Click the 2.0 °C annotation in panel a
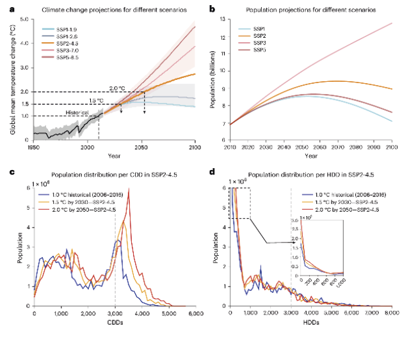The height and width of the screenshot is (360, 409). pyautogui.click(x=118, y=88)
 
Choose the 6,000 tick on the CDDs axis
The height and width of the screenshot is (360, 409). pyautogui.click(x=196, y=313)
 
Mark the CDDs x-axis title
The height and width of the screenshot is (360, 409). pyautogui.click(x=115, y=321)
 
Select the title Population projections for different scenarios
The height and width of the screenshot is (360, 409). pyautogui.click(x=309, y=11)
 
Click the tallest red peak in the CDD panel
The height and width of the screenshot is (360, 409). pyautogui.click(x=129, y=196)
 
